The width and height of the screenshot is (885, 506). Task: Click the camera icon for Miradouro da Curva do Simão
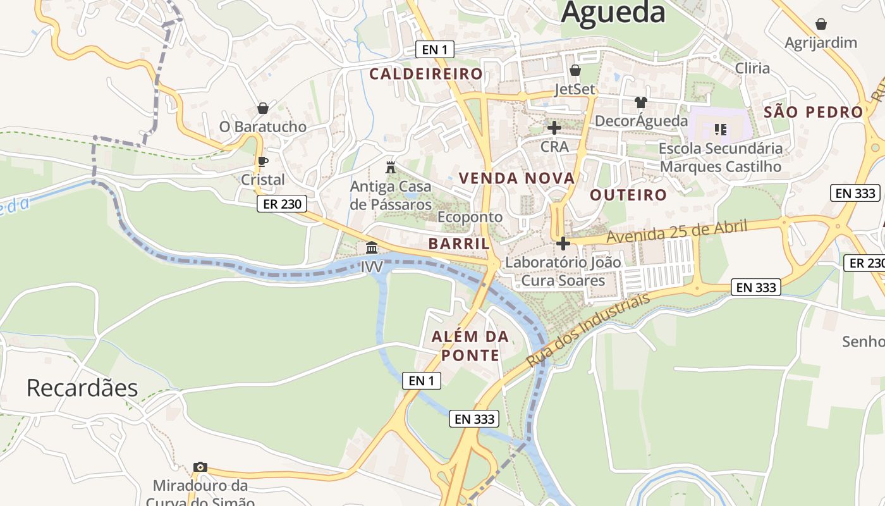[200, 467]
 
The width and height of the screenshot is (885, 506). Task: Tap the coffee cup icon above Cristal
[263, 161]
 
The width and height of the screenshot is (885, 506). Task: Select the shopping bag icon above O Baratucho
[263, 108]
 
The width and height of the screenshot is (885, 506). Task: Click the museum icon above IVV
[372, 247]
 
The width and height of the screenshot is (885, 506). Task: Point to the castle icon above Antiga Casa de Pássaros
[391, 168]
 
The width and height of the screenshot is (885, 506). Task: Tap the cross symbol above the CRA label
[554, 128]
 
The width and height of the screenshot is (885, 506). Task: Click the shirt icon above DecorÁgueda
[641, 102]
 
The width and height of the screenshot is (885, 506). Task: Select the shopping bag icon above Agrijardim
[821, 24]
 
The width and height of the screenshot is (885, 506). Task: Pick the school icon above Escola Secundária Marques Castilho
[720, 130]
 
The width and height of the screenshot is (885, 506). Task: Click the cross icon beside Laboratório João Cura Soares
[563, 244]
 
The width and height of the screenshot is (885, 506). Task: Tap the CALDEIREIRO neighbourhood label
[426, 74]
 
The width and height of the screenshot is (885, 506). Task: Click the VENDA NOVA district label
[517, 178]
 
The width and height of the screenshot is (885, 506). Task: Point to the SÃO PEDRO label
[814, 113]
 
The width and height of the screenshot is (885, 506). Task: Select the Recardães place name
[82, 388]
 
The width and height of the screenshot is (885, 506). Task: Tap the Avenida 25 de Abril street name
[676, 231]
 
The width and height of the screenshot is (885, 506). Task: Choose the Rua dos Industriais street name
[588, 330]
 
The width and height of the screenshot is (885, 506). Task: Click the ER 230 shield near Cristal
[282, 204]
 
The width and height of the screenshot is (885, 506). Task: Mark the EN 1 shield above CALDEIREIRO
[435, 49]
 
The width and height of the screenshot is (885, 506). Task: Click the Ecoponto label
[470, 217]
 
